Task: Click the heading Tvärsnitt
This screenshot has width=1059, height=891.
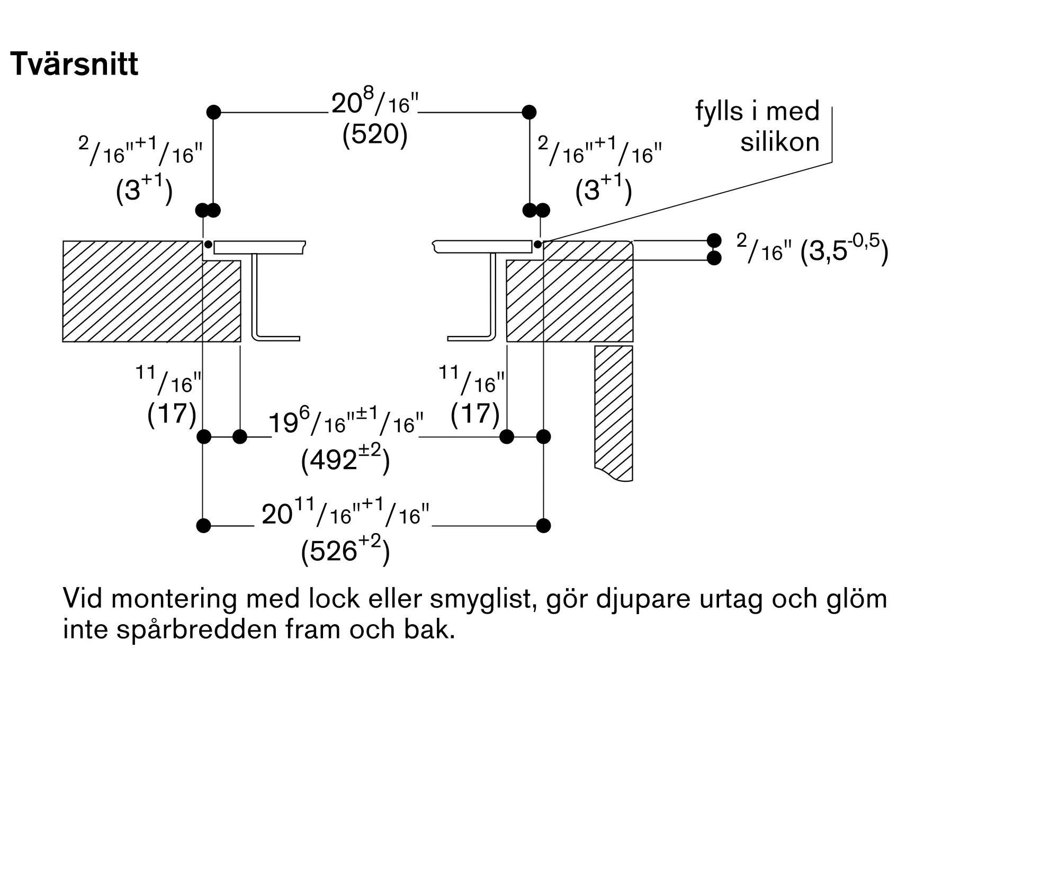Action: click(x=74, y=65)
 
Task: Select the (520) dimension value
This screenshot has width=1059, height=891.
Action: click(x=375, y=135)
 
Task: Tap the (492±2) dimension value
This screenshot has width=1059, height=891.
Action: click(x=345, y=460)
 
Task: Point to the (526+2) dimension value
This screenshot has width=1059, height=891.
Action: click(x=345, y=551)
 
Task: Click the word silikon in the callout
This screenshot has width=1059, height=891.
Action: click(x=779, y=142)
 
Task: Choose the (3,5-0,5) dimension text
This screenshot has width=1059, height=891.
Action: click(x=844, y=251)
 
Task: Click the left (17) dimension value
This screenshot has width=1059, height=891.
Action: click(x=172, y=413)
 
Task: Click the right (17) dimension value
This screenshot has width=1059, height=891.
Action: click(x=475, y=413)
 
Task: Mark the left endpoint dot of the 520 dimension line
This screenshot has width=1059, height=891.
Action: click(x=213, y=112)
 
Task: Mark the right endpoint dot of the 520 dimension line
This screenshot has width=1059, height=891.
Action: click(x=529, y=112)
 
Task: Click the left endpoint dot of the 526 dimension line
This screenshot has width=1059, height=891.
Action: click(x=203, y=526)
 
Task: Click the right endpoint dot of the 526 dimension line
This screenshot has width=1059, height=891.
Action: click(x=543, y=526)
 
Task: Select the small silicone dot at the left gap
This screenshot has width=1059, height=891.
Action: click(x=208, y=245)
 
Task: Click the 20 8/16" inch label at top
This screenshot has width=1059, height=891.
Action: click(x=375, y=104)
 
